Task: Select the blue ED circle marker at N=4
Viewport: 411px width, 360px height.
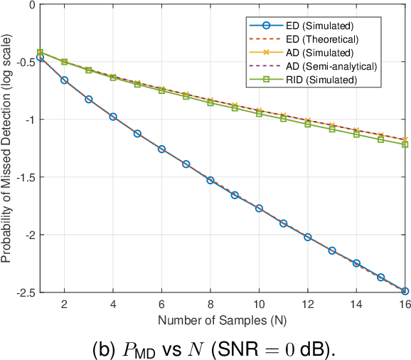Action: (113, 117)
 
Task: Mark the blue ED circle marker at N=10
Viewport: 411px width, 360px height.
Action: (259, 208)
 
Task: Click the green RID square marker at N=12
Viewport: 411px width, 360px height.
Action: (308, 125)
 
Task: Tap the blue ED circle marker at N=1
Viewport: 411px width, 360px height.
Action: (40, 58)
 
